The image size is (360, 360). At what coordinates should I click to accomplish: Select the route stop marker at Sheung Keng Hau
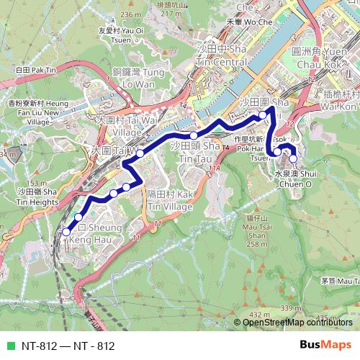(x=66, y=232)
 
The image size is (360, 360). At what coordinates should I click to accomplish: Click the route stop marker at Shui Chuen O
(x=292, y=158)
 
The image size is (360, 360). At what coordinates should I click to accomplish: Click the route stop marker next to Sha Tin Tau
(x=194, y=135)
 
